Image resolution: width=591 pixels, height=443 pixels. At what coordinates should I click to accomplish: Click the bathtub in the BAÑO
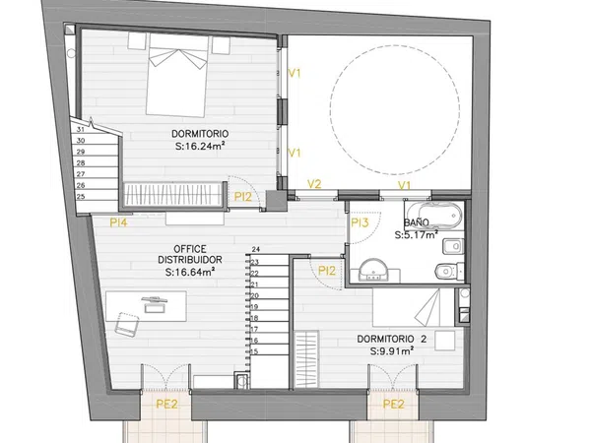click(x=433, y=215)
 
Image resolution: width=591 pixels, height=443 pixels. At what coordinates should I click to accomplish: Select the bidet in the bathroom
click(x=453, y=247)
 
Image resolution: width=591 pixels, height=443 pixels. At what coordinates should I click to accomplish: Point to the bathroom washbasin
click(x=373, y=270)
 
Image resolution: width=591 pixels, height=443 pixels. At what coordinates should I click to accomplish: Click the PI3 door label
click(x=360, y=223)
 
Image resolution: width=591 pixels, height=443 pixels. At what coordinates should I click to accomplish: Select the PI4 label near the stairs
click(x=119, y=223)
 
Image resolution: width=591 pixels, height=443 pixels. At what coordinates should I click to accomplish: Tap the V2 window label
click(x=314, y=184)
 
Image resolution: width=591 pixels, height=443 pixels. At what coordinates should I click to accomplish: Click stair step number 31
click(x=81, y=129)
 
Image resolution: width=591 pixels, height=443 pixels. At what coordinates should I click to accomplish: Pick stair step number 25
click(x=81, y=196)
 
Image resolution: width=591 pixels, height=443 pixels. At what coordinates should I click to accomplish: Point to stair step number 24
click(x=255, y=249)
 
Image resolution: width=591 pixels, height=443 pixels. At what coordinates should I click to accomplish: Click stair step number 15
click(x=254, y=351)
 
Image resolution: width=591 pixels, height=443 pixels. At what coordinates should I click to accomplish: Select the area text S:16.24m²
click(x=200, y=146)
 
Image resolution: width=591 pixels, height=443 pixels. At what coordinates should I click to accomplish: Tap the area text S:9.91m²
click(x=392, y=351)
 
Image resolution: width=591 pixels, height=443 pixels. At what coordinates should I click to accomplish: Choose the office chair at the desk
click(x=127, y=324)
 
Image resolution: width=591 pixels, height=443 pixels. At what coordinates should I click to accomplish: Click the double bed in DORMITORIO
click(x=177, y=76)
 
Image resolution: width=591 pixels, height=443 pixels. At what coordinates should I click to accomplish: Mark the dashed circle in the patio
click(x=395, y=45)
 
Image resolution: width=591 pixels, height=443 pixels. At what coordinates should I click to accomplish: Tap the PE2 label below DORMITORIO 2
click(x=393, y=405)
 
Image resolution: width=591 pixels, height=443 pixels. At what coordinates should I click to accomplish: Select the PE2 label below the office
click(x=166, y=405)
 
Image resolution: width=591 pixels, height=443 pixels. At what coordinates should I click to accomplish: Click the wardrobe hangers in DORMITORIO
click(x=172, y=194)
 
